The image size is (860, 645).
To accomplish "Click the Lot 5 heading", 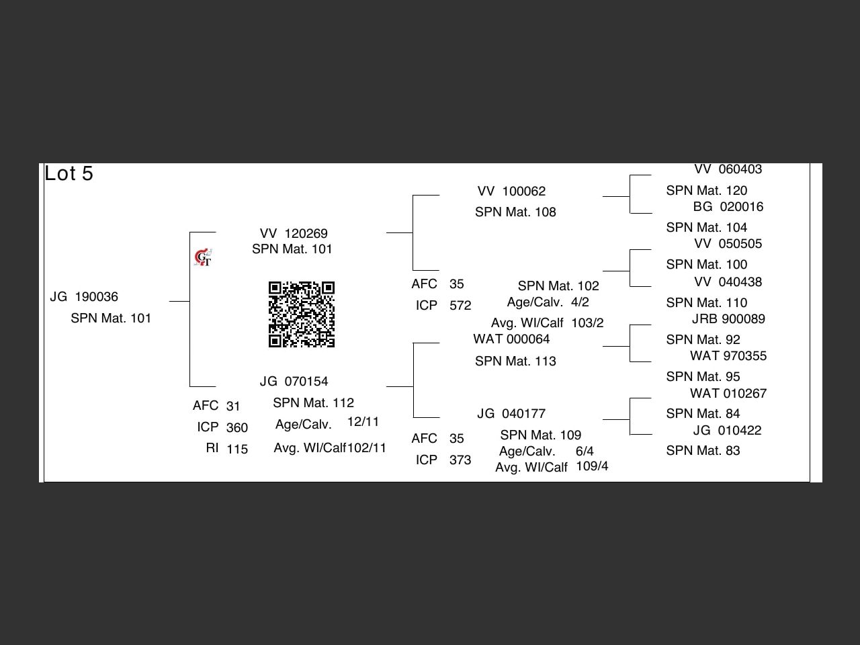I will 69,173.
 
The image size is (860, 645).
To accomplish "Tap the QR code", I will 302,314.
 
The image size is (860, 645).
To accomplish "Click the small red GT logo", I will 203,257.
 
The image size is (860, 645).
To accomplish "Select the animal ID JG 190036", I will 84,297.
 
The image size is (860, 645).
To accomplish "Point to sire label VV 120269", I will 294,234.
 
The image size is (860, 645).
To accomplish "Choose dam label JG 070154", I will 294,382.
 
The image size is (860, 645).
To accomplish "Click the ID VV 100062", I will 511,191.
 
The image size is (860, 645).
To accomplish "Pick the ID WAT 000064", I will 511,339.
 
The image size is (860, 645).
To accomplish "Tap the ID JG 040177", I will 511,414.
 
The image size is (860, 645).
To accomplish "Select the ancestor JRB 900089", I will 728,319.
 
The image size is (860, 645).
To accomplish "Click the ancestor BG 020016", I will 728,207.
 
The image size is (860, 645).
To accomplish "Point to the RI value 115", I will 237,449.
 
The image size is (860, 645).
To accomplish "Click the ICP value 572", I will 460,306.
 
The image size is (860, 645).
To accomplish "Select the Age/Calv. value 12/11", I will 363,422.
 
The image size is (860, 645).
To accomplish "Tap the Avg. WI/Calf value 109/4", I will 592,466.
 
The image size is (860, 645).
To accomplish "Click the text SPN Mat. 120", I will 706,191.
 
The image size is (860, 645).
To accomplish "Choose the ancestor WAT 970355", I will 728,356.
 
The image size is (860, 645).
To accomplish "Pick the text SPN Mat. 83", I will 703,451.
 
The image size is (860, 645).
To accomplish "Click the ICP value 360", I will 237,428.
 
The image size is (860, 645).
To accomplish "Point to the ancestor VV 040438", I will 728,282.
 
